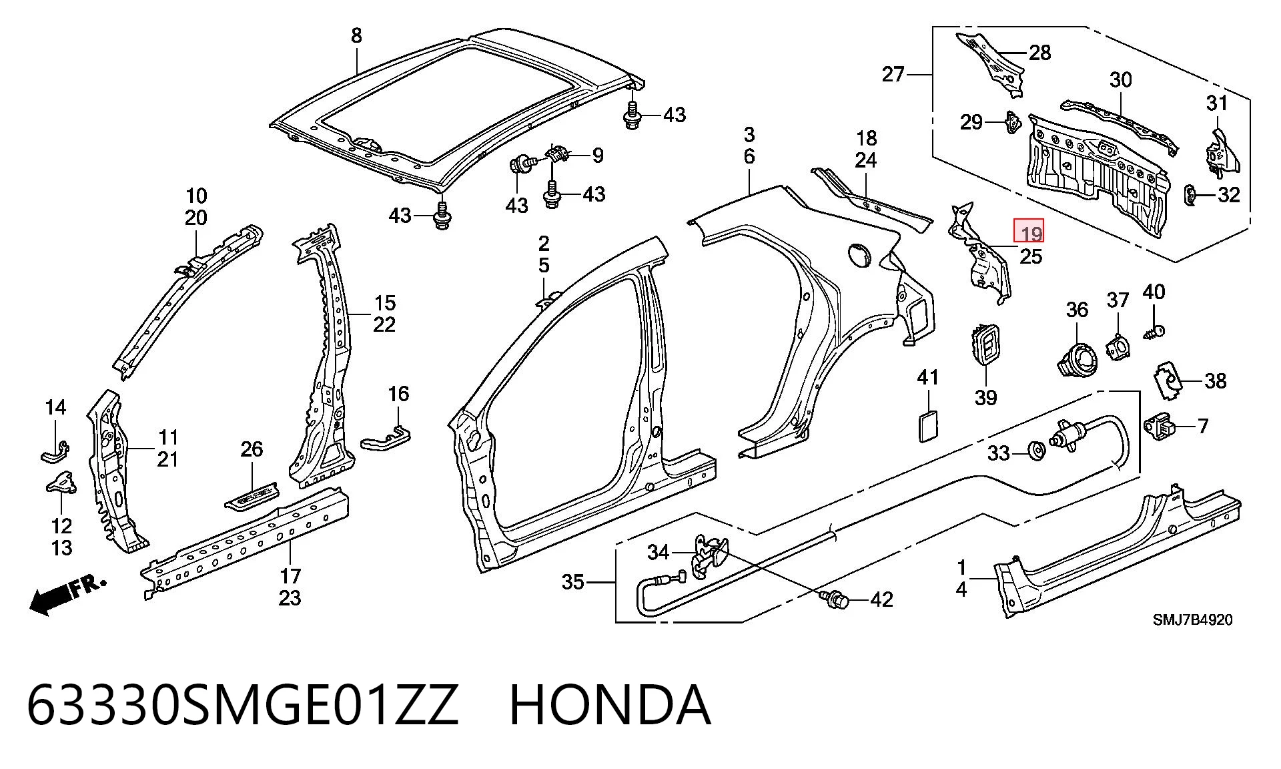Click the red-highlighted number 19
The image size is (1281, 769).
coord(1031,234)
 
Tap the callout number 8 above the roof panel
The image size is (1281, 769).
coord(356,35)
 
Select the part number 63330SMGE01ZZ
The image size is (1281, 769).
coord(243,706)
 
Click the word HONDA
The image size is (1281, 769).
coord(610,706)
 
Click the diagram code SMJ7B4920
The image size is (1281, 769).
coord(1193,619)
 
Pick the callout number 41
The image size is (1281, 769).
coord(928,377)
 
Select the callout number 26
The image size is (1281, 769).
coord(252,449)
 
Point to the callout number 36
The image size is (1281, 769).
coord(1077,310)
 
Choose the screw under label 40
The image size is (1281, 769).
coord(1155,332)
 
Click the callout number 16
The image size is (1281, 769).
coord(398,394)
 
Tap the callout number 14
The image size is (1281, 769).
coord(55,407)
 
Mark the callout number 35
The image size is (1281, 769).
coord(572,582)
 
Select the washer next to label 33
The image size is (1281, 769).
coord(1037,452)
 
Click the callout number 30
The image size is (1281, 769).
coord(1121,80)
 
